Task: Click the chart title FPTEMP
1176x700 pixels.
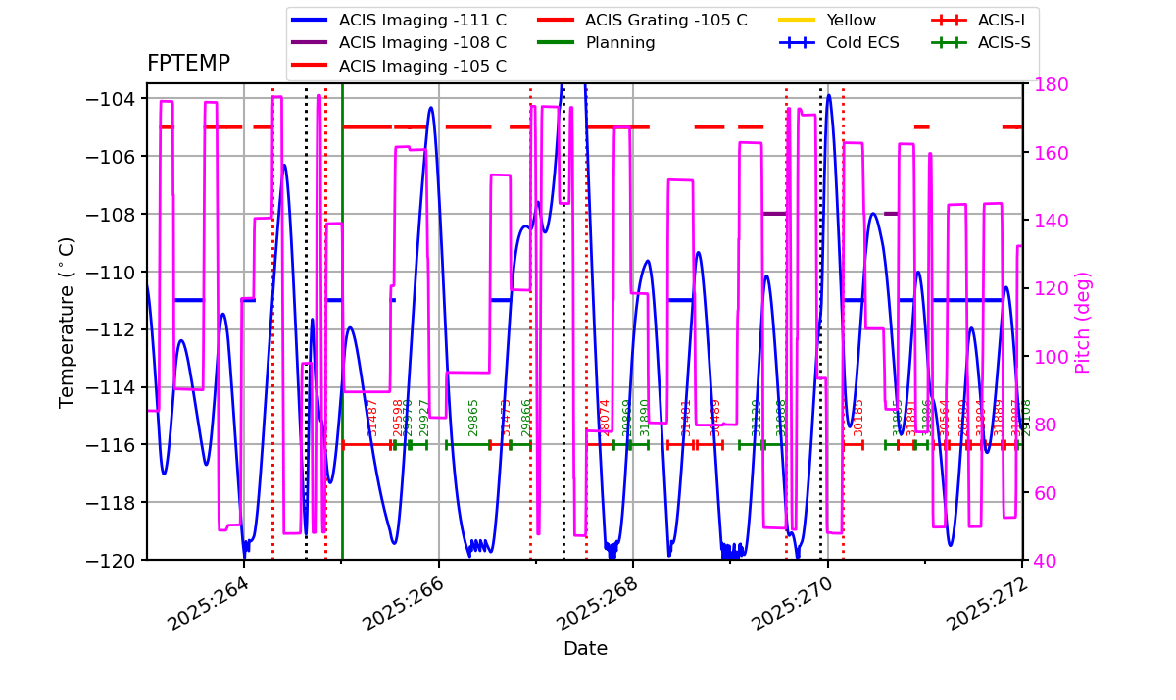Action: pyautogui.click(x=188, y=64)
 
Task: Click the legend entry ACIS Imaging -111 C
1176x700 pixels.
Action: pyautogui.click(x=422, y=20)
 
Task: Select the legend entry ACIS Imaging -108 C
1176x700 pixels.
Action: pyautogui.click(x=422, y=43)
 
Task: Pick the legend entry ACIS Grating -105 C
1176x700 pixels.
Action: pyautogui.click(x=665, y=20)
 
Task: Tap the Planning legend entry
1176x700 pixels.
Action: pyautogui.click(x=620, y=43)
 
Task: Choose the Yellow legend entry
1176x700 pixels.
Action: pyautogui.click(x=851, y=20)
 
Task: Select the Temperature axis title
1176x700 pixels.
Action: pyautogui.click(x=67, y=322)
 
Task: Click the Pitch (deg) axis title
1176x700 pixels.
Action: pyautogui.click(x=1083, y=322)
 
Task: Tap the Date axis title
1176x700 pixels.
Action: pyautogui.click(x=585, y=649)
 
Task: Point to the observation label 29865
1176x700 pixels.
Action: pyautogui.click(x=474, y=417)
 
